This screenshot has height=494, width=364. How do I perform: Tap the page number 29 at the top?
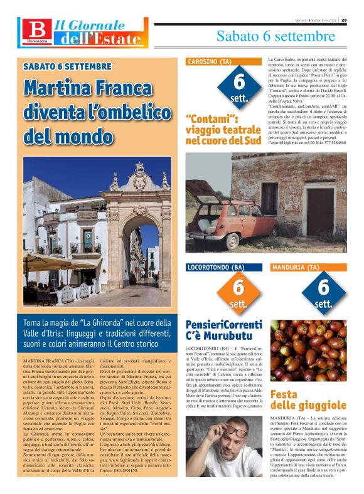[353, 19]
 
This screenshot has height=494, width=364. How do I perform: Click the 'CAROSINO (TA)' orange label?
[210, 61]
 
